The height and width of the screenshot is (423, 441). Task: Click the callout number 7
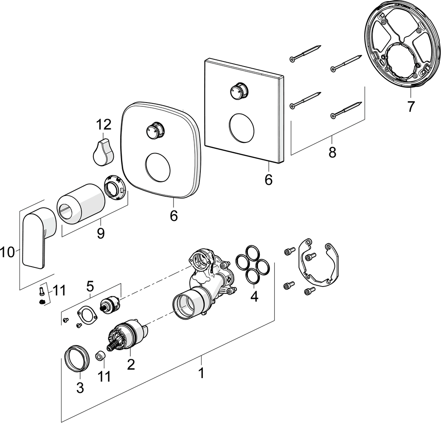tap(410, 107)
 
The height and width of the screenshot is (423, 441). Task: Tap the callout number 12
tap(104, 125)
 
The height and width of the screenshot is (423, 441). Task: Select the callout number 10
tap(7, 253)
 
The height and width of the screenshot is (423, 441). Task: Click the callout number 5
tap(90, 287)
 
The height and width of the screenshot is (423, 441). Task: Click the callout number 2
tap(131, 363)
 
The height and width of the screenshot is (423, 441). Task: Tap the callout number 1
tap(201, 373)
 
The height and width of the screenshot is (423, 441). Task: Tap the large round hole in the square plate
tap(242, 127)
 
